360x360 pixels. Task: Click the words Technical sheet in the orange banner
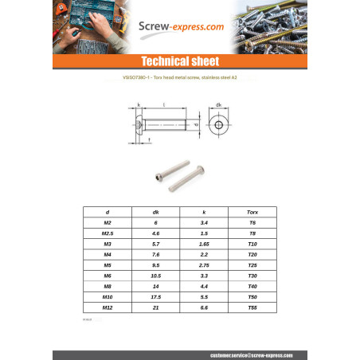coord(179,61)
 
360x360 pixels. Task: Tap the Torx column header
coord(252,213)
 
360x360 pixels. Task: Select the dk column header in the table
coord(156,213)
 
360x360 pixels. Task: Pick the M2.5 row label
coord(108,232)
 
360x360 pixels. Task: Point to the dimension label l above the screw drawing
coord(163,104)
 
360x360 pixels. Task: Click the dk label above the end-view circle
coord(218,104)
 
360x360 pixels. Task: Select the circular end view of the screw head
coord(218,125)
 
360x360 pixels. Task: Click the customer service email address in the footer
coord(247,354)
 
